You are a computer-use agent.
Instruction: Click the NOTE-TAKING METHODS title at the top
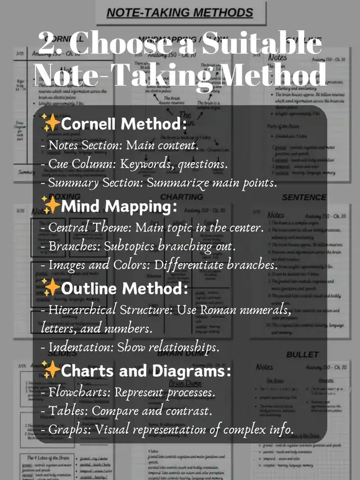[x=180, y=13]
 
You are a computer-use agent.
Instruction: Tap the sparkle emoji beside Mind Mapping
[x=51, y=206]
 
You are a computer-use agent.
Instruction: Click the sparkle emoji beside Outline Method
[x=51, y=289]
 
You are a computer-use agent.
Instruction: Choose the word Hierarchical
[x=82, y=310]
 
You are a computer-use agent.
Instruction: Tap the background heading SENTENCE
[x=304, y=198]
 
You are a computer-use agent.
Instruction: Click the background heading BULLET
[x=303, y=355]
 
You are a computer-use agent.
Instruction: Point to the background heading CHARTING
[x=181, y=197]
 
